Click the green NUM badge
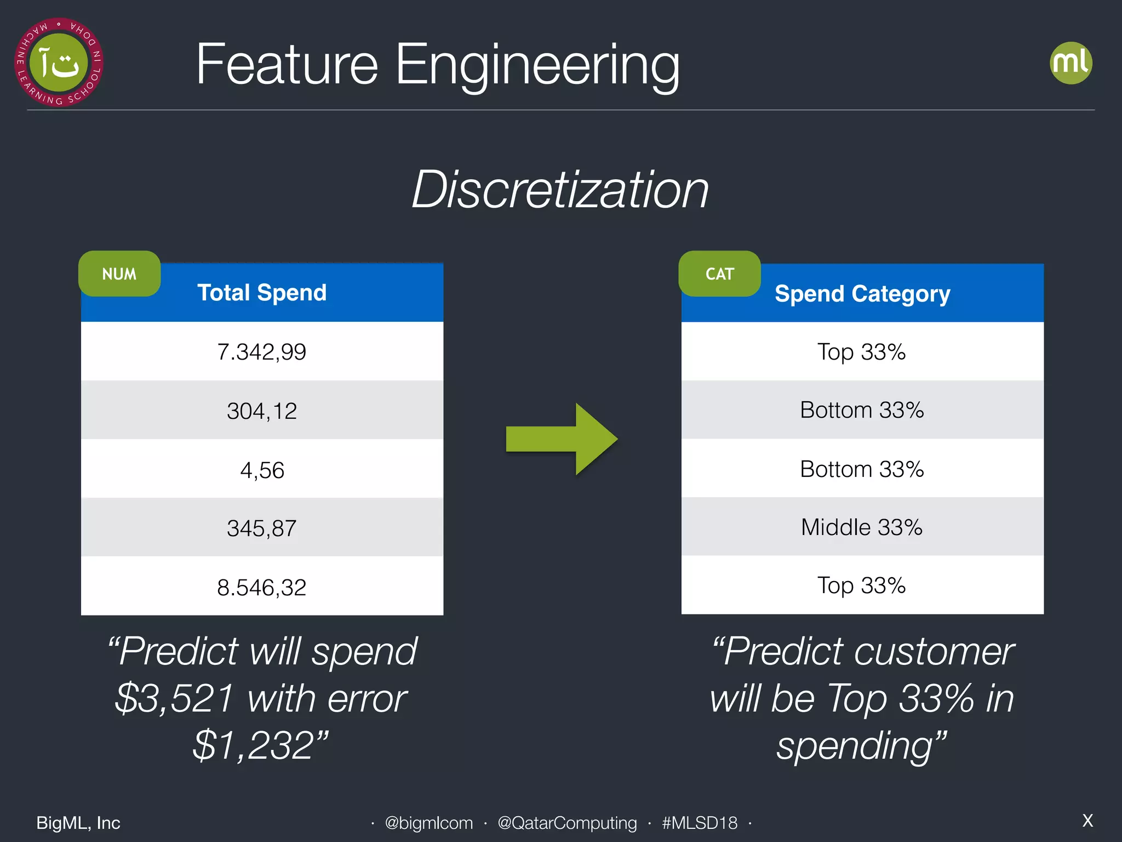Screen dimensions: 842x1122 pyautogui.click(x=119, y=274)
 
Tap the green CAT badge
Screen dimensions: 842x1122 pyautogui.click(x=719, y=274)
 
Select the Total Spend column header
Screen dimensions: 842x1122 pyautogui.click(x=262, y=293)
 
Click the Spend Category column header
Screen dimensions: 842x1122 pyautogui.click(x=862, y=294)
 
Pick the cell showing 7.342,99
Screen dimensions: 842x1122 pyautogui.click(x=262, y=352)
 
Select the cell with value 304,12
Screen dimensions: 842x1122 pyautogui.click(x=262, y=411)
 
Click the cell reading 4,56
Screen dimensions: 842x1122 pyautogui.click(x=262, y=470)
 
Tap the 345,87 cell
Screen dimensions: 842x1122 pyautogui.click(x=262, y=528)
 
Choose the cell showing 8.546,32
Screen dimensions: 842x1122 pyautogui.click(x=262, y=587)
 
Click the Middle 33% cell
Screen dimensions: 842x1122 pyautogui.click(x=862, y=527)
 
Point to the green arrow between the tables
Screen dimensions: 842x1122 pyautogui.click(x=562, y=439)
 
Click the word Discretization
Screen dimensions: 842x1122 pyautogui.click(x=560, y=190)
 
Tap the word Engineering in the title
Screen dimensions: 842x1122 pyautogui.click(x=537, y=66)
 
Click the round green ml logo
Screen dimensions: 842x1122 pyautogui.click(x=1071, y=63)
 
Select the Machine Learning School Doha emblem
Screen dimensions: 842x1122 pyautogui.click(x=59, y=62)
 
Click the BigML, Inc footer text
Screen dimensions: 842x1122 pyautogui.click(x=78, y=823)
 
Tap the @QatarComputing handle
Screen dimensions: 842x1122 pyautogui.click(x=567, y=823)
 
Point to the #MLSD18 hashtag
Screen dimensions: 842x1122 pyautogui.click(x=700, y=823)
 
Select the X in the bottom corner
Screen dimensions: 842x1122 pyautogui.click(x=1087, y=821)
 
